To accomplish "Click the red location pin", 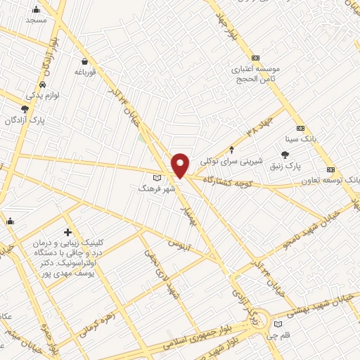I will (x=181, y=165).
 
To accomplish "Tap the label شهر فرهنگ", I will (x=151, y=189).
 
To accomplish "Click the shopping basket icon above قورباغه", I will (x=84, y=61).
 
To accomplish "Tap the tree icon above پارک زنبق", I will (x=284, y=155).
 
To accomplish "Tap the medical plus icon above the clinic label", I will (x=67, y=232).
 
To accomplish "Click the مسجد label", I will (x=36, y=20).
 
